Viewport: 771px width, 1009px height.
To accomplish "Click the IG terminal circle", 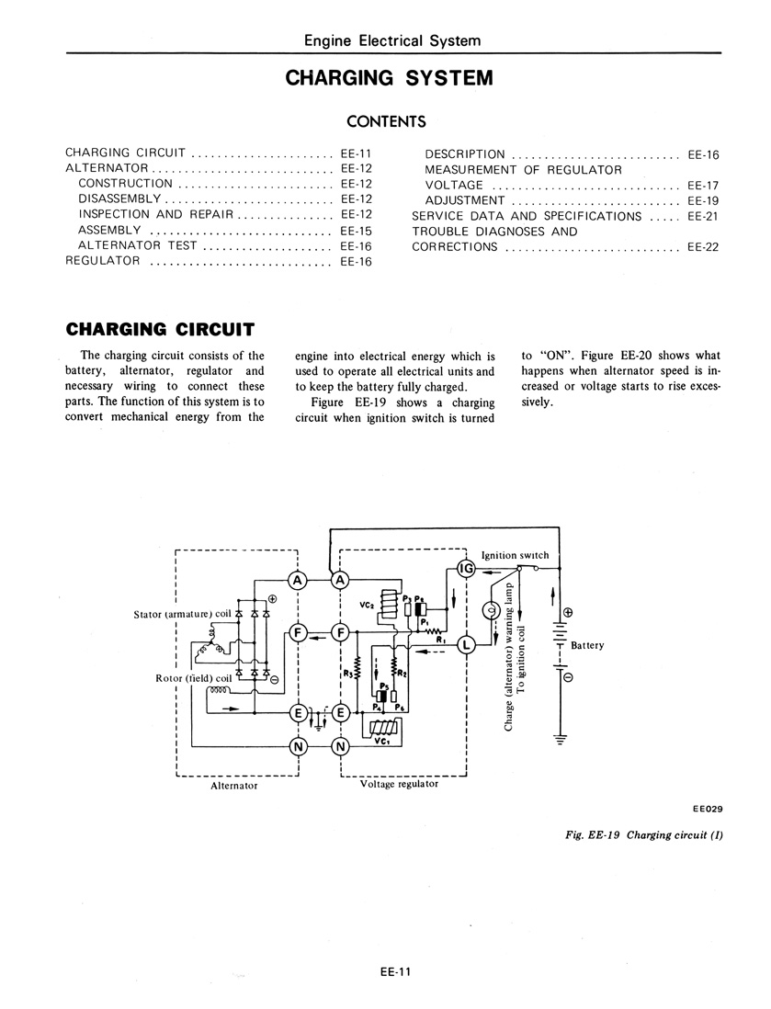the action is (x=465, y=568).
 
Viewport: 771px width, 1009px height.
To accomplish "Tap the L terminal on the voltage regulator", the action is (x=465, y=645).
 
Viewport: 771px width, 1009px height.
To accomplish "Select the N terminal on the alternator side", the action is (x=299, y=746).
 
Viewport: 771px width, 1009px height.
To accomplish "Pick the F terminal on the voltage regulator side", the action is (x=340, y=632).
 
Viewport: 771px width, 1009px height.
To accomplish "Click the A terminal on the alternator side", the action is (x=298, y=580).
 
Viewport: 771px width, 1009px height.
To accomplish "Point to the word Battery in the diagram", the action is (x=587, y=645).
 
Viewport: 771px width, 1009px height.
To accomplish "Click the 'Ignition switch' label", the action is (x=516, y=555).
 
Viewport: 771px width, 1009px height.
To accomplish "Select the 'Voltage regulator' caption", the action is (x=399, y=784).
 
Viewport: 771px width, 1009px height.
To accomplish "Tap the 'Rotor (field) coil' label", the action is (x=193, y=678).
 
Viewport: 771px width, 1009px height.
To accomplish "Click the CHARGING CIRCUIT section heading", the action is (x=160, y=330).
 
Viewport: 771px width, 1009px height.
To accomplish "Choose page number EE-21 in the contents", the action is (x=703, y=216).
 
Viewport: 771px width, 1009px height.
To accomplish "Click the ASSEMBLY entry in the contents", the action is (x=109, y=230).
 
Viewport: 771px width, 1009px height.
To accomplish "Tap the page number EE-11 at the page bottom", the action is (x=394, y=971).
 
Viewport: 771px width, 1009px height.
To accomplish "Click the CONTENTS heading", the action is (x=386, y=121).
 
